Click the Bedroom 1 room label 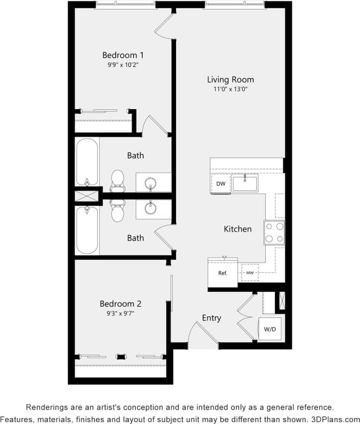point(123,55)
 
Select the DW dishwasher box point(220,184)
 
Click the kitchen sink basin point(245,183)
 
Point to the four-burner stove point(274,232)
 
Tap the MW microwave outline point(250,272)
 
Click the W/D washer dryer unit point(270,329)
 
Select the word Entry point(211,318)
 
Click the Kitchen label point(238,229)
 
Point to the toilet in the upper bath point(117,179)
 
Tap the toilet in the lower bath point(117,210)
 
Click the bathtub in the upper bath point(87,161)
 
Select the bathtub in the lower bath point(87,230)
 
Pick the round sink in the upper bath point(150,183)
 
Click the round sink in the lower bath point(150,209)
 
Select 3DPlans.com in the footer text point(335,419)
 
